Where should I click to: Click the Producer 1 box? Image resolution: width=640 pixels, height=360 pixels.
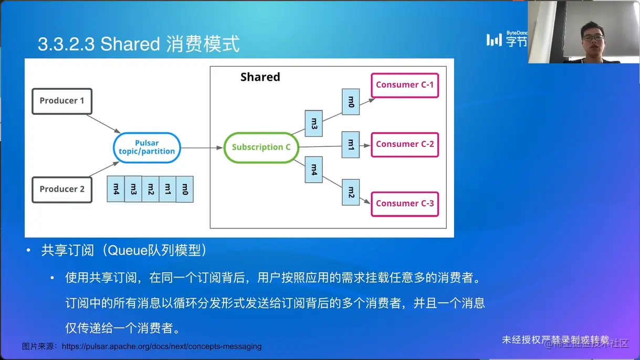click(x=62, y=101)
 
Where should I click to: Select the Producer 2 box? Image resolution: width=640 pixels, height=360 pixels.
click(x=62, y=189)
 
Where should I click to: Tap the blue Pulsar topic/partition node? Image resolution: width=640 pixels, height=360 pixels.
click(x=147, y=147)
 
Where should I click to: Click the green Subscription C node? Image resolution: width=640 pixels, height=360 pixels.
click(x=261, y=147)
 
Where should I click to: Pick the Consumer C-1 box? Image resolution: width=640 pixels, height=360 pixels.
click(x=405, y=85)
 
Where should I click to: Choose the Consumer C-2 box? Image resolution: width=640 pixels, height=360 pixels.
click(x=405, y=144)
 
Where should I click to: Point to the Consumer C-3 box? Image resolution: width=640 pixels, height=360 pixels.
click(x=405, y=204)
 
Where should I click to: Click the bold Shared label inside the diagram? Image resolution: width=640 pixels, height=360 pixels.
click(x=260, y=77)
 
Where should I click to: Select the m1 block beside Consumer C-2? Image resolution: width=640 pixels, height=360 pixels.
click(x=351, y=145)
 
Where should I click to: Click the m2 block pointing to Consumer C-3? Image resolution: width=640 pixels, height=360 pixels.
click(x=351, y=192)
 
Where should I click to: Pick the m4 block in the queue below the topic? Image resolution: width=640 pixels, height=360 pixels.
click(x=116, y=189)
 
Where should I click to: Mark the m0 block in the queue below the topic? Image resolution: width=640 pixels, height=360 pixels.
click(x=184, y=189)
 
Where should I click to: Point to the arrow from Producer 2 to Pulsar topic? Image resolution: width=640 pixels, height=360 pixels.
click(x=104, y=170)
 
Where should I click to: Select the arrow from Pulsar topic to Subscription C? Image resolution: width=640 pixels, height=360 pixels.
click(x=202, y=148)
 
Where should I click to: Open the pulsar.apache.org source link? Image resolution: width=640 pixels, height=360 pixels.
click(x=162, y=346)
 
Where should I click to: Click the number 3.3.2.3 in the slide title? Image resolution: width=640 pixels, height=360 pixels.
click(x=66, y=44)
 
